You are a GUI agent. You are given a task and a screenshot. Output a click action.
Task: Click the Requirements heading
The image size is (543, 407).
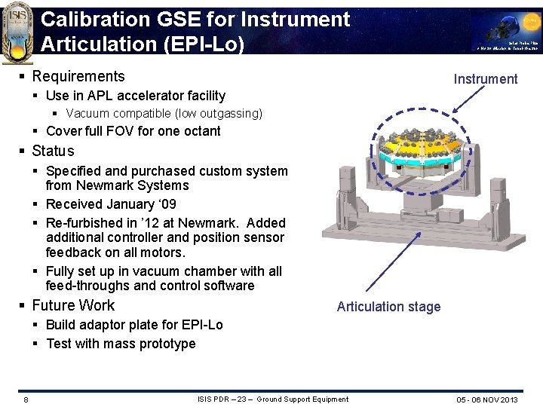point(78,76)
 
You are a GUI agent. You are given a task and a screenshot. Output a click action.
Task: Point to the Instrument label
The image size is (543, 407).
point(485,79)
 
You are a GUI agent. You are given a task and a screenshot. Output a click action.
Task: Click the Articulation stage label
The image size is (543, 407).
point(388,306)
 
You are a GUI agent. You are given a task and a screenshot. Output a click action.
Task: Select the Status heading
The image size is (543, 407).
point(53,151)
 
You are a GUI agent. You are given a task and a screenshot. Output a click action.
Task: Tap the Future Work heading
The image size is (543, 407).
point(73,305)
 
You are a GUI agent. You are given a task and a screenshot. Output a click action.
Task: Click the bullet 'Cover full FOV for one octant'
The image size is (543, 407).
point(133,131)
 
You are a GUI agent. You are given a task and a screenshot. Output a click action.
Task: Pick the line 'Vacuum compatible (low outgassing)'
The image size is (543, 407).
point(164,114)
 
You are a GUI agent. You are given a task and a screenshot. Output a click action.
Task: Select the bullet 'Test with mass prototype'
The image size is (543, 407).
point(121,344)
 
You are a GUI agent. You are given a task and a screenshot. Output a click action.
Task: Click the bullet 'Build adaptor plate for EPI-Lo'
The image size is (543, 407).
point(134,325)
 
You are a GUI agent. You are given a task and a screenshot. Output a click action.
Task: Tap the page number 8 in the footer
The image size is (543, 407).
point(26,399)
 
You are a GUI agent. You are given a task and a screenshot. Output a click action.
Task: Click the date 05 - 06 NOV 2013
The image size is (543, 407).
point(486,399)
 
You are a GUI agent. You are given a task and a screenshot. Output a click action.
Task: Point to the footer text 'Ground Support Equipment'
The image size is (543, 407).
point(303,399)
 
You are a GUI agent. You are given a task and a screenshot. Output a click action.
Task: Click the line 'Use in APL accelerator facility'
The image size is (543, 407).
point(136,96)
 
